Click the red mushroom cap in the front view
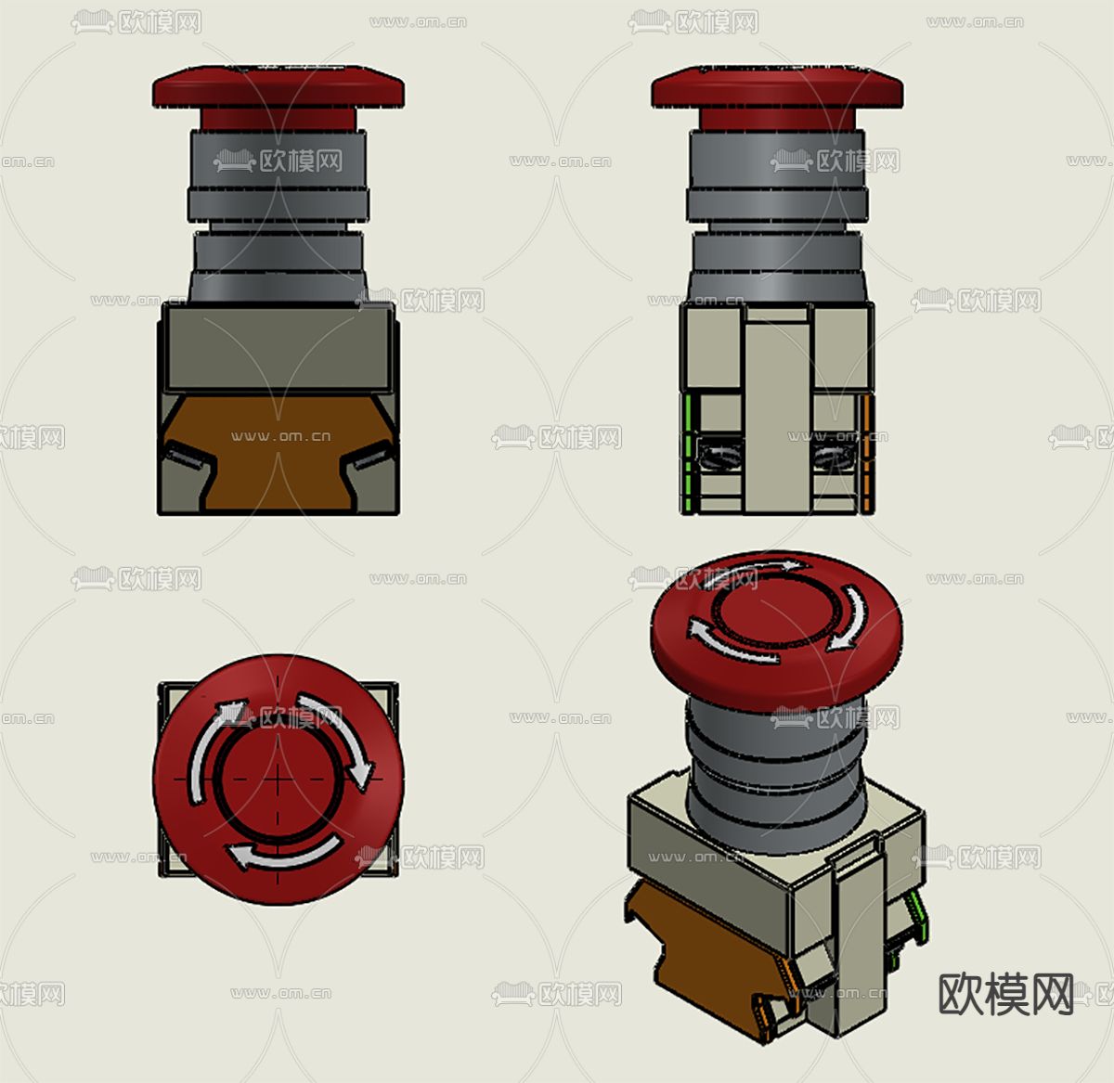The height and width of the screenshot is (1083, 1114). tap(278, 88)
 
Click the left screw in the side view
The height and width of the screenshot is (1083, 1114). tap(720, 456)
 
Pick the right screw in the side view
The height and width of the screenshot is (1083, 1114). tap(833, 456)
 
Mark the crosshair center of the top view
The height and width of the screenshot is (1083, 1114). tap(278, 779)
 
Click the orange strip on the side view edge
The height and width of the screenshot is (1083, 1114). tap(867, 455)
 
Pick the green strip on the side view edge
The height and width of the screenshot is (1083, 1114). tap(688, 455)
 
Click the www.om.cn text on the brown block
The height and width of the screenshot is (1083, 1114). tap(280, 436)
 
